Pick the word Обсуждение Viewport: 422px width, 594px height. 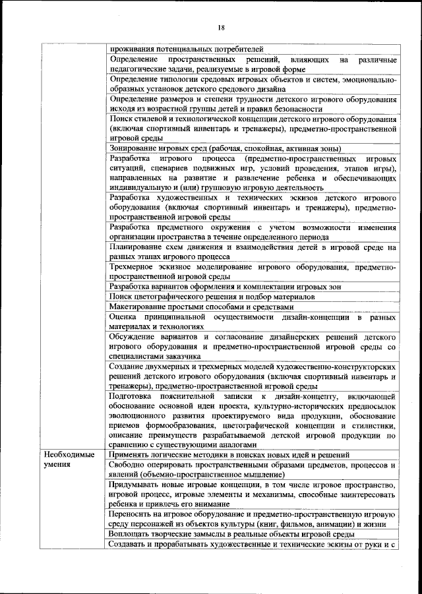click(136, 337)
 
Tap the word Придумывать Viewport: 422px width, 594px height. click(137, 485)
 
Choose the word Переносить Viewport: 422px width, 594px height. click(135, 514)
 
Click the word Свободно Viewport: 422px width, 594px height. click(129, 465)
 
